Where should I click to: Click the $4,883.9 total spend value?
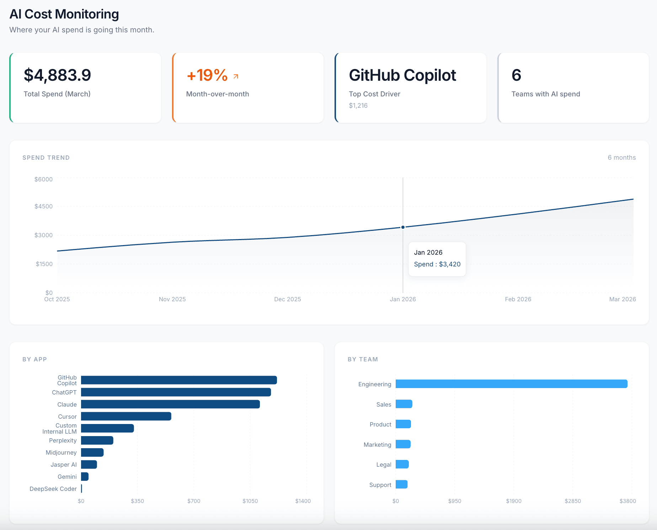tap(57, 75)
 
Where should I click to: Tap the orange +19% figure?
tap(207, 75)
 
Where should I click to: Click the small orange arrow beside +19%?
tap(236, 76)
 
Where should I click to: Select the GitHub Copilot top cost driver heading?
tap(402, 75)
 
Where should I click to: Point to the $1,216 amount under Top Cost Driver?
tap(358, 106)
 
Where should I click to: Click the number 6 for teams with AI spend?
tap(516, 75)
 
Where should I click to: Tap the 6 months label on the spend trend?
tap(621, 158)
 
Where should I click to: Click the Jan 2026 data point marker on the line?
tap(403, 227)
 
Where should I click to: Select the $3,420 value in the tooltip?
tap(449, 264)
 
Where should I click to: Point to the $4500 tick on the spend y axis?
tap(43, 206)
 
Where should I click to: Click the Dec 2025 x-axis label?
tap(287, 299)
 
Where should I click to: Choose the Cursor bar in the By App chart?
tap(126, 416)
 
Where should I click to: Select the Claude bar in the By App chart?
tap(170, 404)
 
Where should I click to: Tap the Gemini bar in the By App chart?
tap(85, 477)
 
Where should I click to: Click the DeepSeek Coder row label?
tap(53, 489)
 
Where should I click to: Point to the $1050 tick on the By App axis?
tap(250, 501)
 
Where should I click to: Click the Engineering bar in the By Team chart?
tap(511, 384)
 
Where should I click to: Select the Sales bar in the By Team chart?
tap(404, 404)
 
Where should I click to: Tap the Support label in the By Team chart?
tap(380, 485)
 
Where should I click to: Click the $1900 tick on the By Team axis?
tap(513, 501)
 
